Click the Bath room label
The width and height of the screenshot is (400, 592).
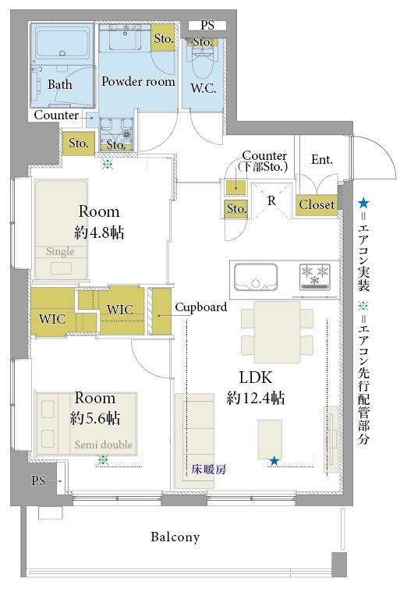coord(60,84)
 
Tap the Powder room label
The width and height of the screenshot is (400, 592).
coord(138,81)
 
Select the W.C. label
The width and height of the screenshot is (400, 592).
coord(205,85)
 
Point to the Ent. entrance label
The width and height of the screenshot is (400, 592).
coord(321,160)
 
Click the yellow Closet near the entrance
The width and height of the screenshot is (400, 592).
coord(317,205)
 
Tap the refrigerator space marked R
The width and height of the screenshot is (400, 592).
coord(271,200)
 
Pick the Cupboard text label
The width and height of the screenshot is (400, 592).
coord(200,307)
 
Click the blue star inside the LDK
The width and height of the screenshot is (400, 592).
coord(274,461)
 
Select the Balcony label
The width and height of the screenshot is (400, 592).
coord(175,537)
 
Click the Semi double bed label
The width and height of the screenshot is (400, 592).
coord(104,445)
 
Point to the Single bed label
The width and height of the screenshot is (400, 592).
coord(60,252)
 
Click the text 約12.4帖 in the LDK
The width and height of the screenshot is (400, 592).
coord(255,399)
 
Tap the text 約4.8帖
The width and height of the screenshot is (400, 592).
coord(98,232)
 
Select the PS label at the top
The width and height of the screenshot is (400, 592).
coord(207,26)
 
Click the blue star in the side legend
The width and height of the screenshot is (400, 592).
coord(363,204)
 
